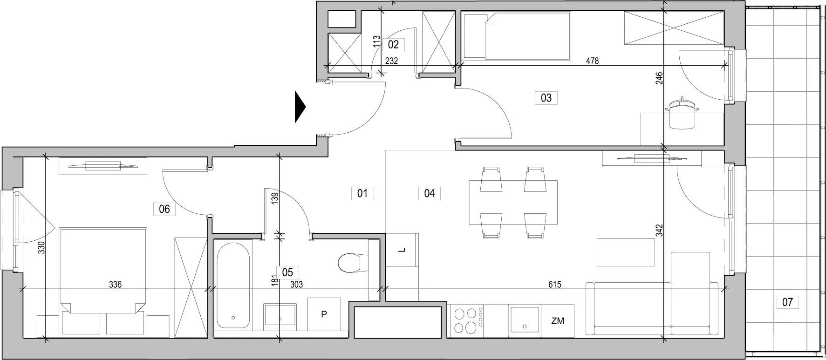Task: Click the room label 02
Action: tap(393, 45)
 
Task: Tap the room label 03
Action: tap(546, 98)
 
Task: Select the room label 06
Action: tap(164, 209)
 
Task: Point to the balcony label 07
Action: tap(787, 302)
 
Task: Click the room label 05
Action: tap(287, 272)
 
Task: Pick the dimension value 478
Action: tap(592, 61)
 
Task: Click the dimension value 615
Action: tap(554, 285)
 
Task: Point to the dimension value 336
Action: tap(115, 285)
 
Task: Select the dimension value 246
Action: tap(659, 78)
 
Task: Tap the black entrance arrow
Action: tap(300, 107)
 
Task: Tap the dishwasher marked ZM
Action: tap(557, 320)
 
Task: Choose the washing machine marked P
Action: tap(324, 314)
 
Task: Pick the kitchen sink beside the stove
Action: tap(524, 319)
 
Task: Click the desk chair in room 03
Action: tap(683, 114)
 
